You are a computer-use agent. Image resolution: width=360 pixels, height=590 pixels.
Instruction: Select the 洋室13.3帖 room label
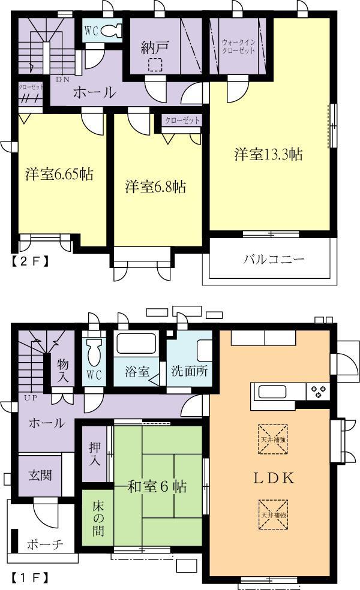pyautogui.click(x=268, y=155)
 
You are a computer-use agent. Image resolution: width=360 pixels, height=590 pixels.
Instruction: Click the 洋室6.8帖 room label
pyautogui.click(x=155, y=186)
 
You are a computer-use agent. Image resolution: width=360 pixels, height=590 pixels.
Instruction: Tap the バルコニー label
pyautogui.click(x=274, y=260)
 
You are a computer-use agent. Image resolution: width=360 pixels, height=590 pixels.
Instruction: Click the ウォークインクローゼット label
pyautogui.click(x=239, y=47)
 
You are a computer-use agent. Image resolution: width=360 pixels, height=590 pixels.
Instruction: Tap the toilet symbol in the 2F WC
pyautogui.click(x=111, y=30)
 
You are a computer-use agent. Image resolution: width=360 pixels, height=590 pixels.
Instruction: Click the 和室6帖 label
pyautogui.click(x=158, y=486)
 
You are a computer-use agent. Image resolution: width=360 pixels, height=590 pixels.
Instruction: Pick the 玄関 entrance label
pyautogui.click(x=40, y=475)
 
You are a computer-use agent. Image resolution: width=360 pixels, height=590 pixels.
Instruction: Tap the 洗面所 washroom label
pyautogui.click(x=189, y=371)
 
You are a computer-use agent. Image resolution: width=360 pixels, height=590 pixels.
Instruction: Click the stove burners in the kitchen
pyautogui.click(x=317, y=392)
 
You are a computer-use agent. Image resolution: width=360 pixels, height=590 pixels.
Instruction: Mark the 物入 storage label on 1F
pyautogui.click(x=63, y=369)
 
